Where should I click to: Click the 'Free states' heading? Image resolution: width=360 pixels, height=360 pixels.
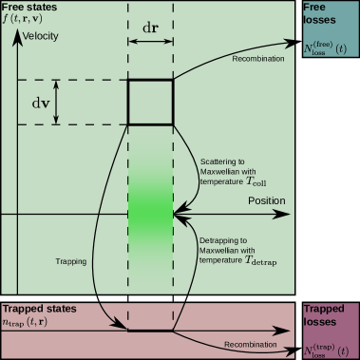30,8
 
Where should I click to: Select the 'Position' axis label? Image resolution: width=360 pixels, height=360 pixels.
266,201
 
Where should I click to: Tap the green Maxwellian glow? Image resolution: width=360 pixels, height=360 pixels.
150,204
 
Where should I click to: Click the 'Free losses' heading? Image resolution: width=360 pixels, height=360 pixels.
317,15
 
